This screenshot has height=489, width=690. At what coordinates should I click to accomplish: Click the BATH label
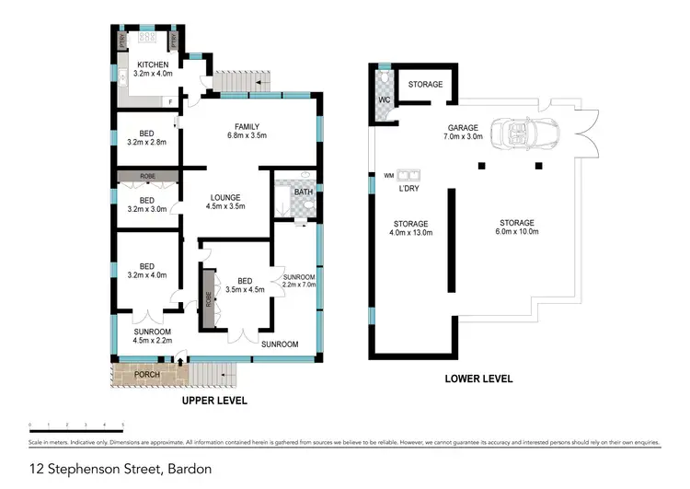point(302,192)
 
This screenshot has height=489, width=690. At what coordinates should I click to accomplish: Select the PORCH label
point(147,375)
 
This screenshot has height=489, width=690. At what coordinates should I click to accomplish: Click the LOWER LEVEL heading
point(478,378)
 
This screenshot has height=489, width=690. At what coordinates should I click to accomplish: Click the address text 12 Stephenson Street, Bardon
point(121,469)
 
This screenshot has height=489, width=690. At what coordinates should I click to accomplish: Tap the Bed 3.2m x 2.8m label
point(147,137)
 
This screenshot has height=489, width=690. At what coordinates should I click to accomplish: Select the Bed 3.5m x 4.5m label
point(244,285)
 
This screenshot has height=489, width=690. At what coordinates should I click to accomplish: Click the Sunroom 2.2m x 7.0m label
point(300,282)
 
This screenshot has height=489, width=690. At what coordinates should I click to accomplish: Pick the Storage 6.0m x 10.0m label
point(516,227)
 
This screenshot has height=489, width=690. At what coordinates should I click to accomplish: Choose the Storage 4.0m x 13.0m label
point(410,228)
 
